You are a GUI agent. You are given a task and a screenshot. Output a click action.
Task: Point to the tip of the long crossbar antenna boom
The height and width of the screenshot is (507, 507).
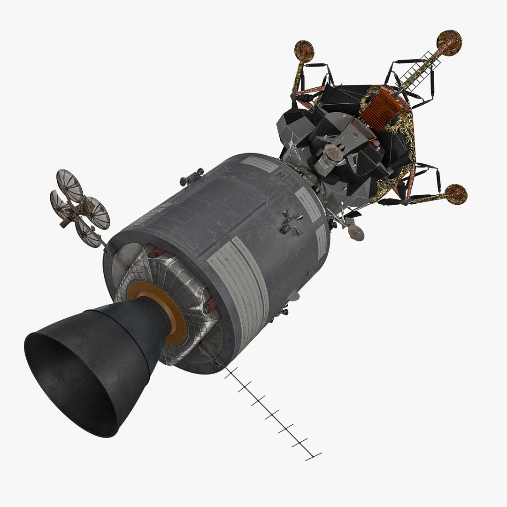tap(314, 456)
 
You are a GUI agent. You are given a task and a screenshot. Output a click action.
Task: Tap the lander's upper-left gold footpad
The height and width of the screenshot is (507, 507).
tap(304, 50)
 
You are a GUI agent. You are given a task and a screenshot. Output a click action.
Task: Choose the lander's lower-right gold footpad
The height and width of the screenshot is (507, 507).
tap(456, 194)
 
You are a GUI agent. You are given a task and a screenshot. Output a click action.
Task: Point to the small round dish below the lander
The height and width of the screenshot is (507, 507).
tap(356, 232)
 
